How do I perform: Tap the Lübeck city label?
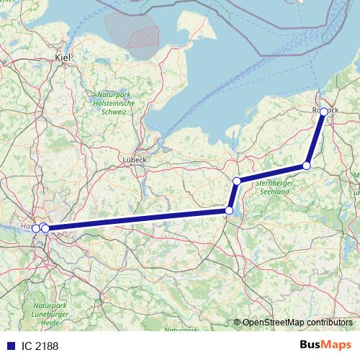click(x=135, y=160)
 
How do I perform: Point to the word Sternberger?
click(x=271, y=184)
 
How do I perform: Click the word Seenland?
click(x=271, y=191)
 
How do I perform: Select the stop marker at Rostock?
click(x=324, y=112)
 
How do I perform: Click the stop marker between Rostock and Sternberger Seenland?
click(x=307, y=166)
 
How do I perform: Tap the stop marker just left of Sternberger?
click(x=236, y=181)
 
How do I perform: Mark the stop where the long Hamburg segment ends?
click(x=229, y=210)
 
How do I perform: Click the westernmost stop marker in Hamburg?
click(x=36, y=228)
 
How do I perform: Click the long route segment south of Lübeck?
click(x=137, y=220)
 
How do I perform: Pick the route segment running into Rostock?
click(x=315, y=139)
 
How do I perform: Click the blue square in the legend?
click(x=9, y=346)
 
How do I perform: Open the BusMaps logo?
click(x=325, y=345)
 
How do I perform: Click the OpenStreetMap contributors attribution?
click(x=296, y=322)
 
